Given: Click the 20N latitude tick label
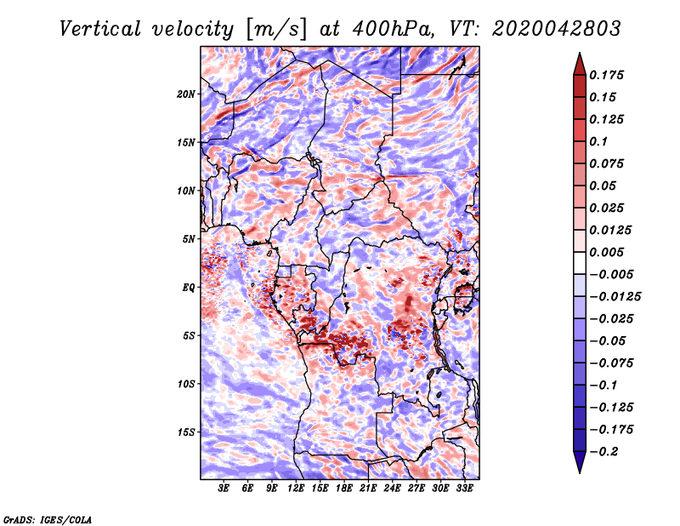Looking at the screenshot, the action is (x=185, y=94).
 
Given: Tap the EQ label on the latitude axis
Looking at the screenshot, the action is (x=188, y=288).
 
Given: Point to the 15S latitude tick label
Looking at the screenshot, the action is (x=185, y=432).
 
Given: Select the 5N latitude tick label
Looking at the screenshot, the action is (x=188, y=239).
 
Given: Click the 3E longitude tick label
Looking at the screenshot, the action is (x=224, y=488).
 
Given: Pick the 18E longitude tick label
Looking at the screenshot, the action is (x=343, y=488).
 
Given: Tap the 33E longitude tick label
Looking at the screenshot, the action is (x=464, y=488).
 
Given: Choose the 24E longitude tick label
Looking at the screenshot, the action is (x=392, y=488).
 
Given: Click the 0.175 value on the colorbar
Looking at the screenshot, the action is (x=606, y=75).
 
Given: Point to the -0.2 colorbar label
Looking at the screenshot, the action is (x=603, y=452).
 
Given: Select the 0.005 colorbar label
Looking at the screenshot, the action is (x=606, y=252).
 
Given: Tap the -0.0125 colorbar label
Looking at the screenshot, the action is (x=615, y=297).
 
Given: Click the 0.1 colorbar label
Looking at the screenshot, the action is (x=598, y=141).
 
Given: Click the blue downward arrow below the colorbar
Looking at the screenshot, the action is (x=580, y=461).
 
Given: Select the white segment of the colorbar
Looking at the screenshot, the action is (x=580, y=263).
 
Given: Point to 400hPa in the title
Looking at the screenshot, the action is (x=394, y=29).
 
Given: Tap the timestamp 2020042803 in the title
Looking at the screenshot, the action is (x=557, y=29).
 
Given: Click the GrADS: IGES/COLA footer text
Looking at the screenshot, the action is (x=48, y=520).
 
